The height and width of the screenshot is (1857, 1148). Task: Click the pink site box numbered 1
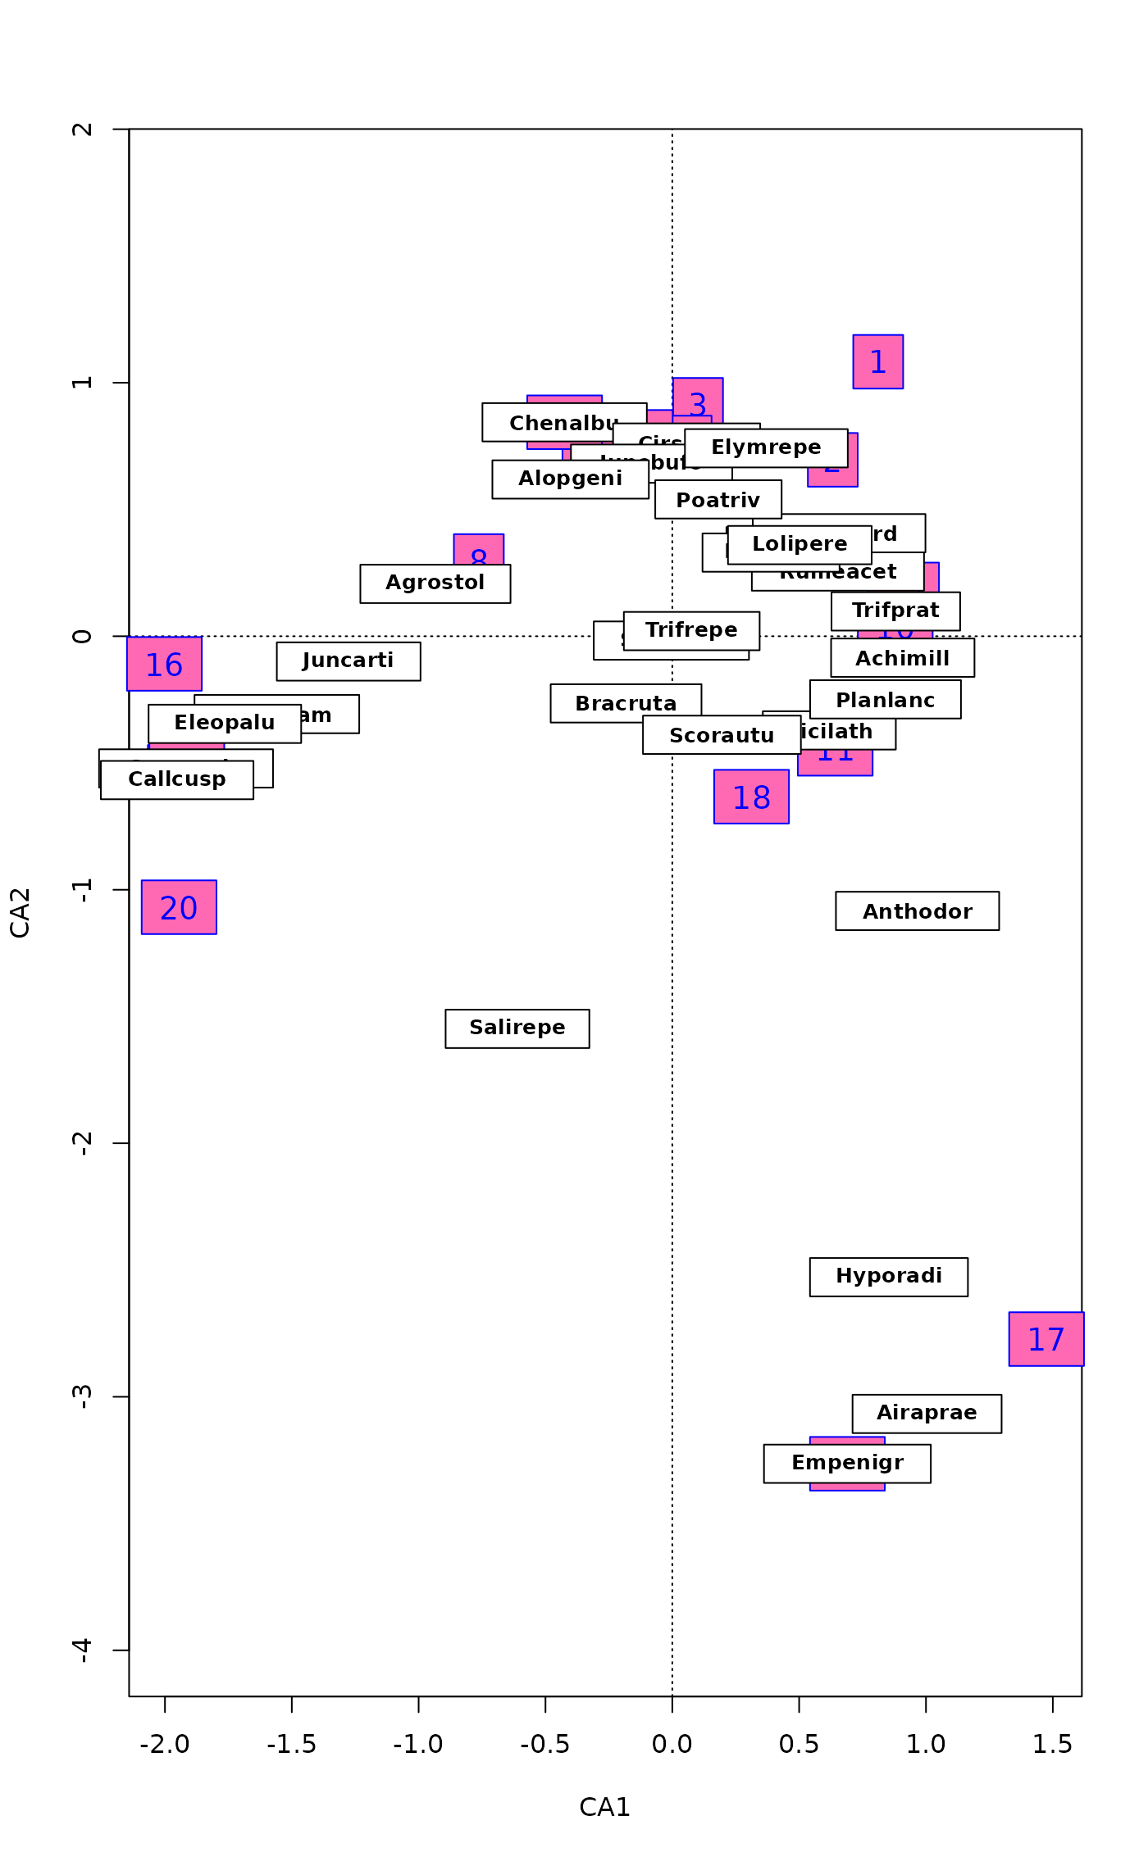click(x=877, y=361)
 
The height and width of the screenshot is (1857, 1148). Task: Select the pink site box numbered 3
click(x=698, y=397)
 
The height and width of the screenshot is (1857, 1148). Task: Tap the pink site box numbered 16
click(x=164, y=664)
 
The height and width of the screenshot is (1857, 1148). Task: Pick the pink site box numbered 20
click(x=179, y=907)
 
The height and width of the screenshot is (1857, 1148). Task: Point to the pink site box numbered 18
click(x=751, y=797)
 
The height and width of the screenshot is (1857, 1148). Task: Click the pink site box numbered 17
click(x=1045, y=1339)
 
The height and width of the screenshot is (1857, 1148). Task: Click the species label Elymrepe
click(x=766, y=447)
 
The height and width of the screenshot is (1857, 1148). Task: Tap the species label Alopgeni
click(x=570, y=479)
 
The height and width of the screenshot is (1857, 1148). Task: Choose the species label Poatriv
click(x=717, y=500)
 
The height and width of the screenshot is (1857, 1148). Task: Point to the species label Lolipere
click(x=799, y=544)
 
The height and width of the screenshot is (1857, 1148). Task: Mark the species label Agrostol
click(x=435, y=583)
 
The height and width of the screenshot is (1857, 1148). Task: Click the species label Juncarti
click(x=348, y=661)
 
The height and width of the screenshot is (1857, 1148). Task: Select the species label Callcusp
click(x=176, y=780)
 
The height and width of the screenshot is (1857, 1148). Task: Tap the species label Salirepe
click(x=517, y=1028)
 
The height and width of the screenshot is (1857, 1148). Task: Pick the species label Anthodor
click(x=917, y=911)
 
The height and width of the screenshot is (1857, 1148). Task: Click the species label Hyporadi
click(x=888, y=1277)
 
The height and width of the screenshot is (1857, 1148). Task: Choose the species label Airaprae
click(x=926, y=1414)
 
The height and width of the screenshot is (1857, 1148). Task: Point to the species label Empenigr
click(x=847, y=1464)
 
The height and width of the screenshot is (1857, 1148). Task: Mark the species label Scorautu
click(x=722, y=735)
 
